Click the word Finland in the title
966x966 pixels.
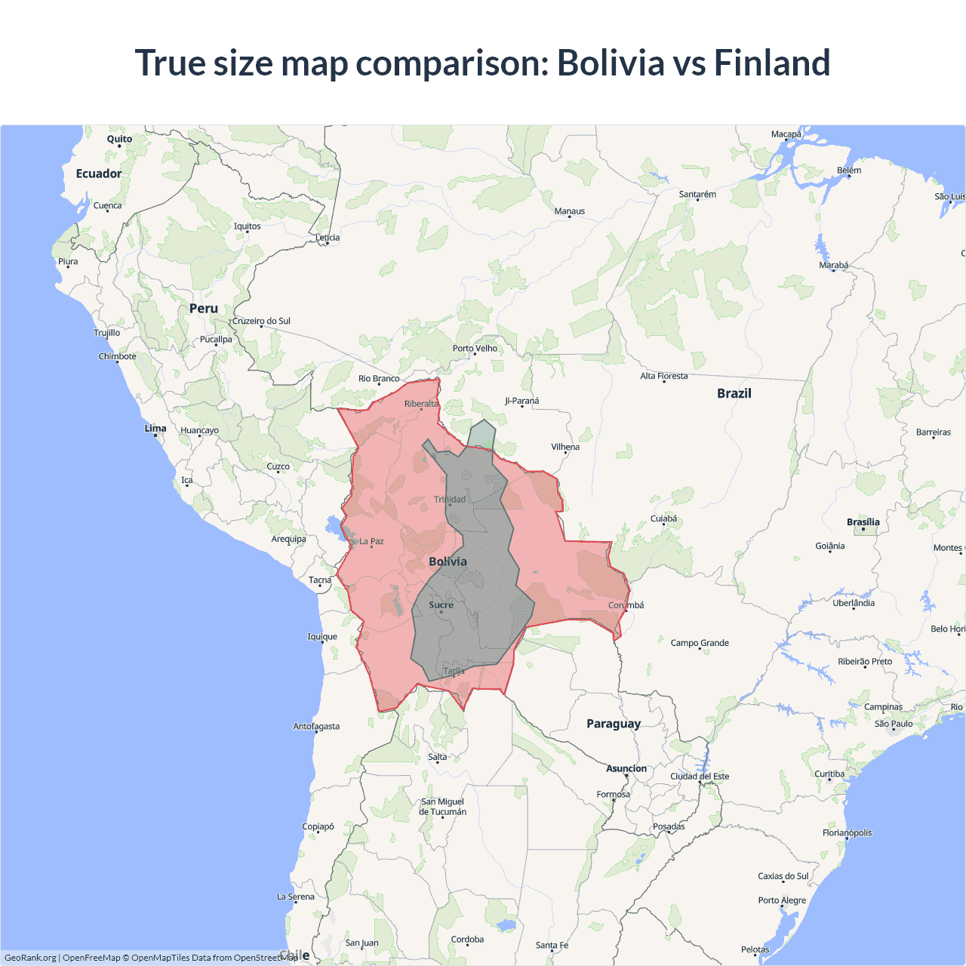(x=771, y=63)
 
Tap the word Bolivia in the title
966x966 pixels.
(x=610, y=63)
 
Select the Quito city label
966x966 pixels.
(x=119, y=139)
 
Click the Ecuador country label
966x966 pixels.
(x=99, y=174)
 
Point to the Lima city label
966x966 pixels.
(x=155, y=428)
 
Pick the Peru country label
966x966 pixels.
(x=204, y=309)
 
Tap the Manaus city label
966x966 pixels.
(x=570, y=211)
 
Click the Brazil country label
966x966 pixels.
(x=734, y=393)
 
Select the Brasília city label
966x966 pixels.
(x=863, y=522)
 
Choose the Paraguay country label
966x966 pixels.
(x=614, y=724)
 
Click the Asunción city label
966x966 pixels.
(x=626, y=768)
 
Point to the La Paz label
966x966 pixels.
(x=371, y=541)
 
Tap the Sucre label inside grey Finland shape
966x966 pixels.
(x=441, y=605)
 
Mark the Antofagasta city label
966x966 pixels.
(x=316, y=727)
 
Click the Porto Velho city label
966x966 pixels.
(x=475, y=349)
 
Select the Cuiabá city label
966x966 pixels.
(x=664, y=518)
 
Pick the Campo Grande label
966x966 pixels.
(x=700, y=643)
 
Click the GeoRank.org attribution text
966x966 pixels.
(x=30, y=958)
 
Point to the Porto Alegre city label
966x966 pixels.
(x=782, y=900)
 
